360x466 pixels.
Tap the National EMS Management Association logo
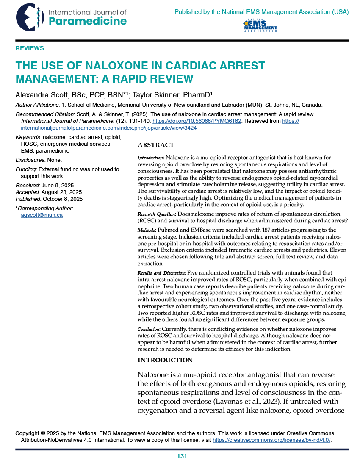click(x=260, y=26)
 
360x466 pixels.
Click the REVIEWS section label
click(x=30, y=48)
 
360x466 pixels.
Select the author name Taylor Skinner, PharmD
click(x=172, y=94)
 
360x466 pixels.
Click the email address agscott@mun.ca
click(x=42, y=215)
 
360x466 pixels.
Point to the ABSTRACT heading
click(x=156, y=145)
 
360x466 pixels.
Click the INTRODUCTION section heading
click(x=165, y=360)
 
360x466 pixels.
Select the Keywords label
click(x=28, y=137)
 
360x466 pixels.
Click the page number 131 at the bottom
click(x=182, y=457)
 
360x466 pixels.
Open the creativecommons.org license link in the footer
click(x=271, y=440)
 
